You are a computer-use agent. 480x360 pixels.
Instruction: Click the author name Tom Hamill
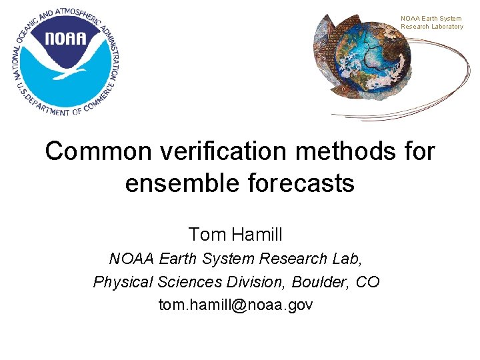point(235,235)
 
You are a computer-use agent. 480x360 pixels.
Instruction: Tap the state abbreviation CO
point(368,282)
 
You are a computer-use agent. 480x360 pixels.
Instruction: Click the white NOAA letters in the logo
point(66,38)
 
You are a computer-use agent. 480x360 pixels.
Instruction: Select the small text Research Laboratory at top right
point(431,27)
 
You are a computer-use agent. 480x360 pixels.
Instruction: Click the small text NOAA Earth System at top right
point(431,19)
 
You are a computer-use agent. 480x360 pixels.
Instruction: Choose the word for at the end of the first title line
point(417,151)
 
